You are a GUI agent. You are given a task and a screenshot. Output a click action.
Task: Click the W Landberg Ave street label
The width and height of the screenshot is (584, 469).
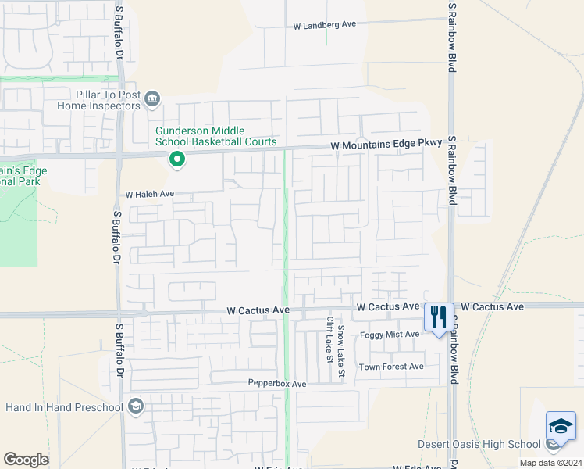[x=324, y=25]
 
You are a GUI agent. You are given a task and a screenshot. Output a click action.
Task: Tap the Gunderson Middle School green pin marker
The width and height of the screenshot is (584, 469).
[x=177, y=161]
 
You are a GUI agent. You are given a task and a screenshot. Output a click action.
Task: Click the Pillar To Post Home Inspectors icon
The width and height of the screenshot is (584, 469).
[x=151, y=98]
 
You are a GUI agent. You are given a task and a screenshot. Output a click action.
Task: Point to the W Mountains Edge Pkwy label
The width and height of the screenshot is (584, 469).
[x=386, y=145]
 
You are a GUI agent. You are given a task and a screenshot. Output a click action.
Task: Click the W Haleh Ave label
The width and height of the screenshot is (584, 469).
[x=149, y=194]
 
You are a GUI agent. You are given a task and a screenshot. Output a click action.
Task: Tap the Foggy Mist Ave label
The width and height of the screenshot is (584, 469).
[x=389, y=335]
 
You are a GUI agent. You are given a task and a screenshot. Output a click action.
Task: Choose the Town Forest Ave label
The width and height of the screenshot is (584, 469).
[x=391, y=367]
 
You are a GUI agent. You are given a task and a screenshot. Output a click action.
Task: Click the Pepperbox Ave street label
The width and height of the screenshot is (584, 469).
[x=277, y=384]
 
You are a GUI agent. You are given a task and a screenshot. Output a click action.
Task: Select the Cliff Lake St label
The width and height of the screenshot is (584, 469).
[x=329, y=341]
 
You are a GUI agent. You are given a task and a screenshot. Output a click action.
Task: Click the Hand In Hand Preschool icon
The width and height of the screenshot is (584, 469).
[x=136, y=406]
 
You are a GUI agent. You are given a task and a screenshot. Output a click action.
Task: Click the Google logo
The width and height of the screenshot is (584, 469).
[x=26, y=460]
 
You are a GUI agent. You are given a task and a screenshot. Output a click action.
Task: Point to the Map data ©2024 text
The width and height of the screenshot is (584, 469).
[x=550, y=463]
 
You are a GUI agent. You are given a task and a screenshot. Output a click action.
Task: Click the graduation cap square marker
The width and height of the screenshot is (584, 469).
[x=561, y=427]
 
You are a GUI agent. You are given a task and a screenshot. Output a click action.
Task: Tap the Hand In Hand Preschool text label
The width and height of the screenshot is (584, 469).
[x=64, y=407]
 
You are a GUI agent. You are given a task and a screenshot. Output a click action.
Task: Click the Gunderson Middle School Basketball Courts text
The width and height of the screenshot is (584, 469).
[x=215, y=136]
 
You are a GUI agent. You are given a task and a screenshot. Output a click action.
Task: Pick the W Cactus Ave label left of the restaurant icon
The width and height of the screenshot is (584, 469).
[x=387, y=307]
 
